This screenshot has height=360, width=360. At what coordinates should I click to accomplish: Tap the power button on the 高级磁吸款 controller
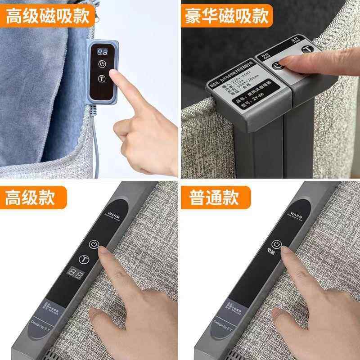pos(103,64)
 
